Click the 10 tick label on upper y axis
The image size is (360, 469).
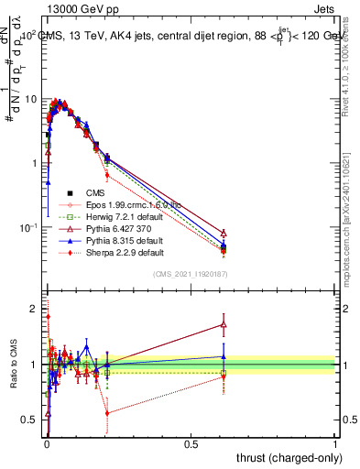30,98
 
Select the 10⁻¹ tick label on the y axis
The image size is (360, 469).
27,227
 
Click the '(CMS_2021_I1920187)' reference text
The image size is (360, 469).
190,274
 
